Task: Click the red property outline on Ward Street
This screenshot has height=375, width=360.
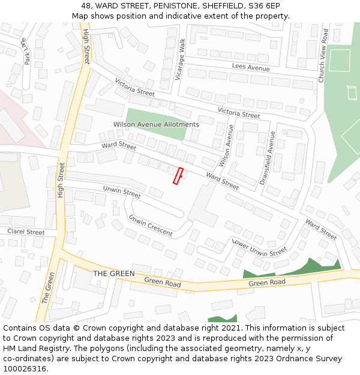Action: pos(178,176)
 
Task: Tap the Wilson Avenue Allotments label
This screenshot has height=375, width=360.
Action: pos(156,125)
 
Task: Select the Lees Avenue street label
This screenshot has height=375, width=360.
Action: pos(251,68)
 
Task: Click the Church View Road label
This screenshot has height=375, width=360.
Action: pos(323,56)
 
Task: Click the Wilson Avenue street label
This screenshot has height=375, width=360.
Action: pos(226,146)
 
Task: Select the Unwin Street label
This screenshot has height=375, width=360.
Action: pos(121,192)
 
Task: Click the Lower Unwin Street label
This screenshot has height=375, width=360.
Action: pos(259,248)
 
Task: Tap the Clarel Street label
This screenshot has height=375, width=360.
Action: pos(26,232)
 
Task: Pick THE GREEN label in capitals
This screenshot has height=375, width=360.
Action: pos(114,274)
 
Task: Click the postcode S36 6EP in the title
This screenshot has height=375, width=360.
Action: pos(265,5)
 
